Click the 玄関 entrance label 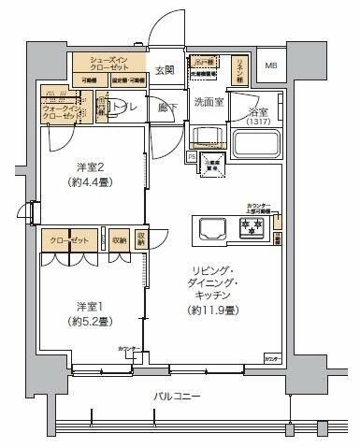(x=165, y=69)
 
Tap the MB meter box (x=271, y=65)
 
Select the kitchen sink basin (x=210, y=227)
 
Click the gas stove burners (x=252, y=227)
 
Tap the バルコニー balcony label (x=178, y=397)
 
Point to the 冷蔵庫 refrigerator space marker (x=214, y=167)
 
